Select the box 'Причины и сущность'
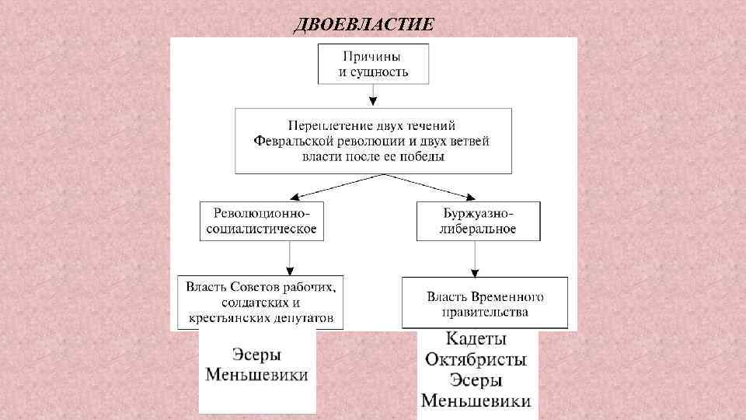(373, 64)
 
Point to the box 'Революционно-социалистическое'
(261, 221)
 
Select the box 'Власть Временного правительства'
(484, 303)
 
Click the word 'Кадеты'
(476, 340)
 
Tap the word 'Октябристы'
(476, 360)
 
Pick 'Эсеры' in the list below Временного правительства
(476, 380)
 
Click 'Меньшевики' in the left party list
(257, 375)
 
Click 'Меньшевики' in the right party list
(476, 401)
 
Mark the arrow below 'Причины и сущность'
(374, 95)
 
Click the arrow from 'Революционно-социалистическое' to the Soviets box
(290, 257)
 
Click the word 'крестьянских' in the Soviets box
(225, 318)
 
